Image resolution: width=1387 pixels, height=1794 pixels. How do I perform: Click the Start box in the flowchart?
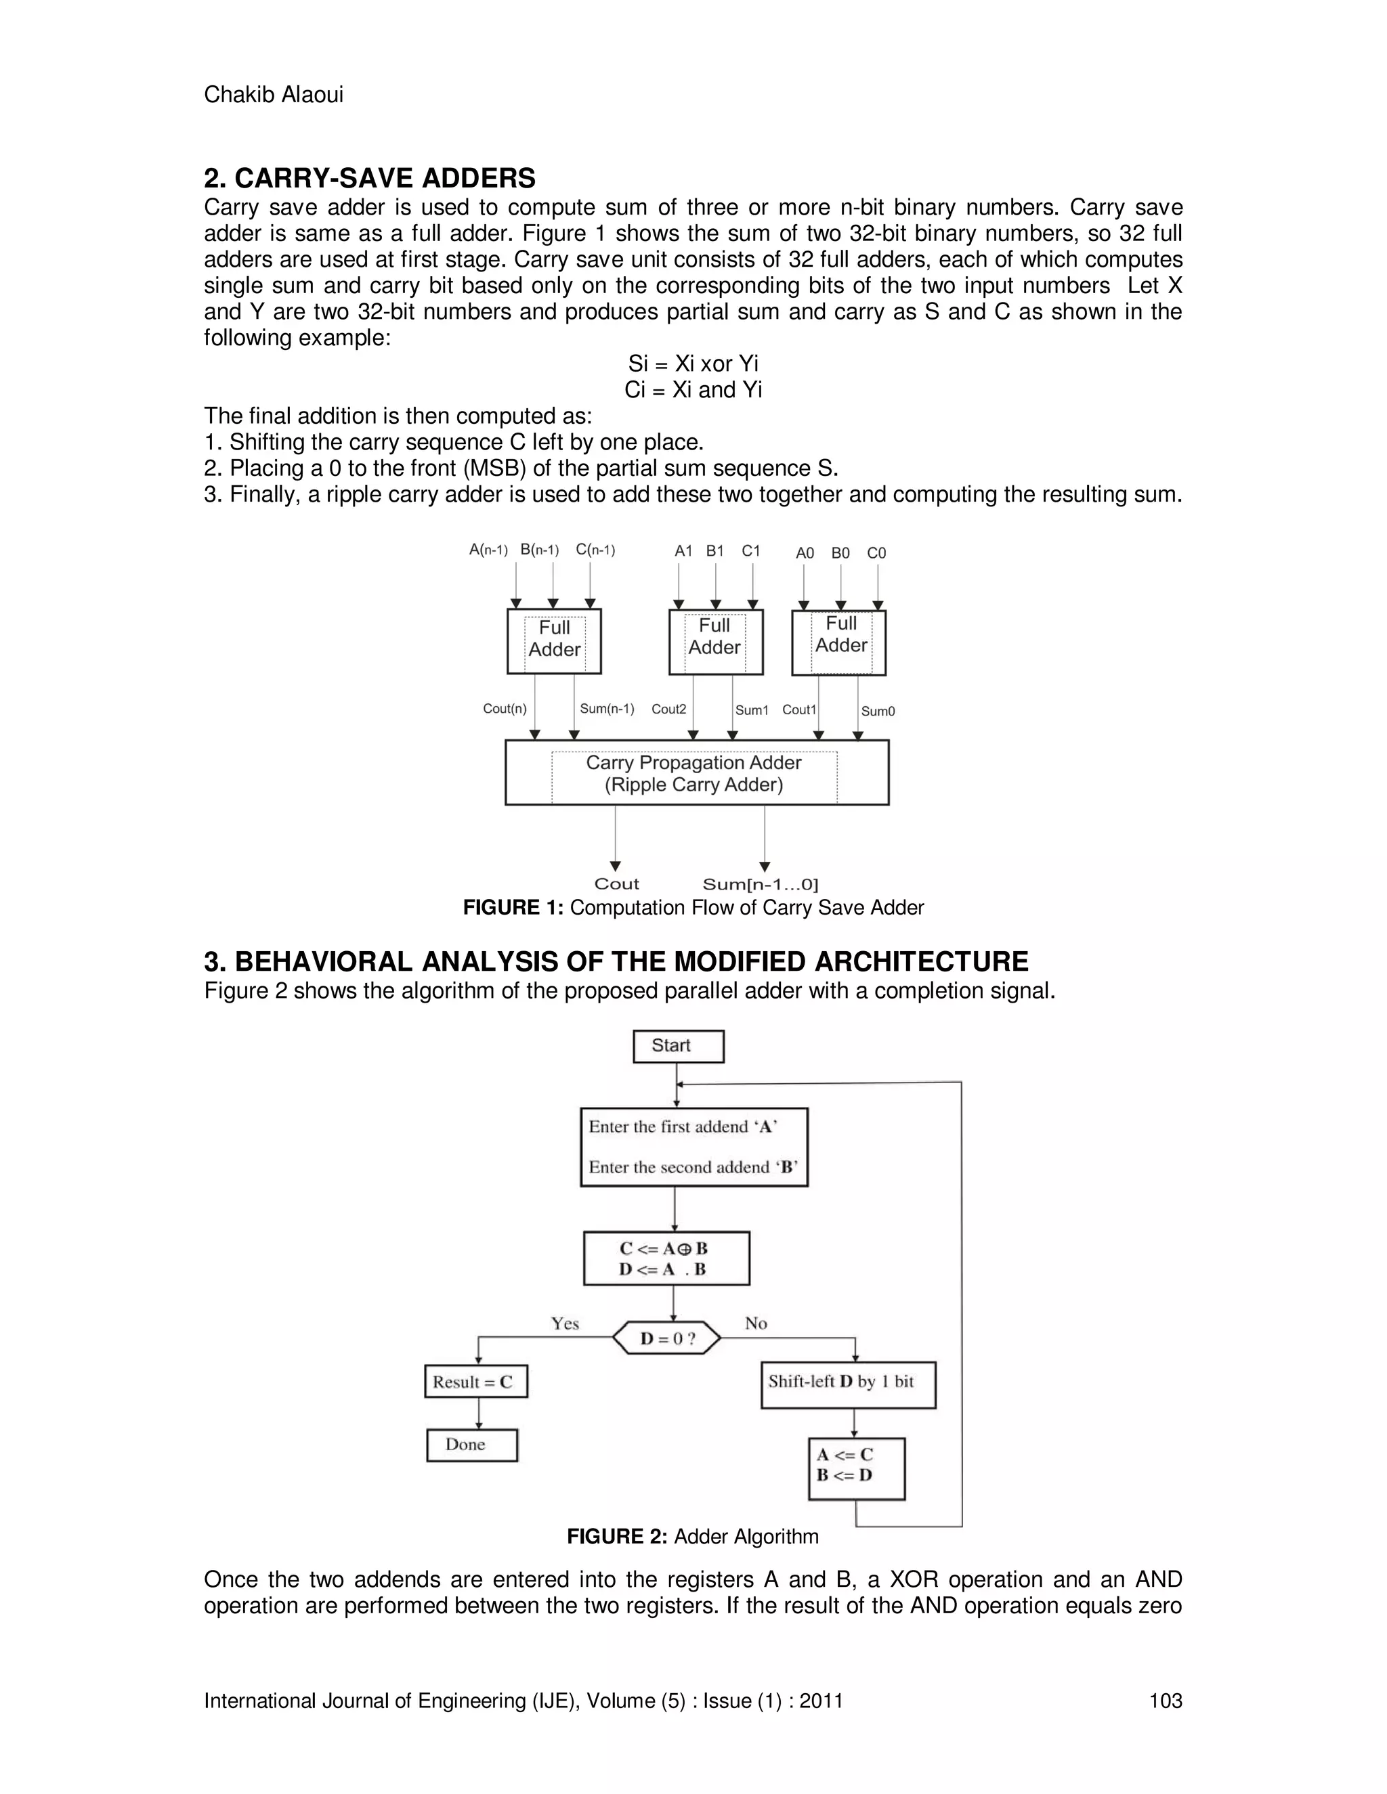coord(678,1046)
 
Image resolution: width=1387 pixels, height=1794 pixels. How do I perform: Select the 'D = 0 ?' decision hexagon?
coord(667,1338)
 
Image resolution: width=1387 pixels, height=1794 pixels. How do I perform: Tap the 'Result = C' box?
coord(475,1382)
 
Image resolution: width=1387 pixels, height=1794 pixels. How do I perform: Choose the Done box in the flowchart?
coord(471,1445)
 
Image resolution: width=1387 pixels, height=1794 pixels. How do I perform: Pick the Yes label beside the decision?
coord(566,1323)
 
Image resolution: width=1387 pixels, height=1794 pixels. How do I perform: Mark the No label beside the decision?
coord(755,1323)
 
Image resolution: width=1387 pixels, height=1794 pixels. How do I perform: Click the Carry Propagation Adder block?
coord(697,773)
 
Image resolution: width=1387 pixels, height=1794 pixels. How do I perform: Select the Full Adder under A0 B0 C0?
coord(839,642)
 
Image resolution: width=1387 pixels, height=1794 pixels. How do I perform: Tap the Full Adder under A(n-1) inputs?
coord(554,640)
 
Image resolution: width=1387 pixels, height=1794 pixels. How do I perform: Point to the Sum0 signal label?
coord(878,712)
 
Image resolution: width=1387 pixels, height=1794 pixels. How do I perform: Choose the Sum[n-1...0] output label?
coord(760,885)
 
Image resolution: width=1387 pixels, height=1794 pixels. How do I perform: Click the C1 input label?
coord(751,551)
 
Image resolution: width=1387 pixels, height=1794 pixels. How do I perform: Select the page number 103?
coord(1165,1701)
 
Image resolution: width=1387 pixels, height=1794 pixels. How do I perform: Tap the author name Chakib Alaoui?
coord(274,95)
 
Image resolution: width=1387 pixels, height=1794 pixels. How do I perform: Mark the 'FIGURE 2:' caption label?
coord(616,1536)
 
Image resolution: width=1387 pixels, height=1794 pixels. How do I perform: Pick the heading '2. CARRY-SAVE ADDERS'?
coord(370,178)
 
